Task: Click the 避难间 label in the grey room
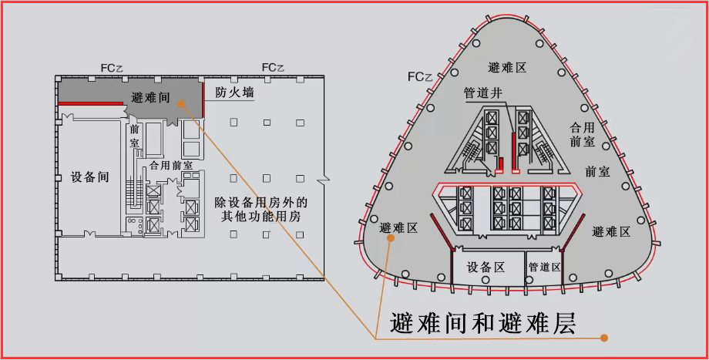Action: (x=151, y=98)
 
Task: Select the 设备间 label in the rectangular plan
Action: (x=85, y=177)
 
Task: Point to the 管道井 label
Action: (x=483, y=93)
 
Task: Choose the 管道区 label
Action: (x=545, y=267)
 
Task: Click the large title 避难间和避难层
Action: (x=483, y=321)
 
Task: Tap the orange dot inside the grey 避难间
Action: (x=179, y=102)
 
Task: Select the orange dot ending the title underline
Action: (x=604, y=338)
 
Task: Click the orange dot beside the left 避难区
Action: (x=391, y=239)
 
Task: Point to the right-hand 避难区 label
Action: (x=611, y=231)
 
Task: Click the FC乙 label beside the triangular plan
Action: (x=425, y=77)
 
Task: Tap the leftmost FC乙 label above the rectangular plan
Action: (x=113, y=68)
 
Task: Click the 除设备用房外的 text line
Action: (x=261, y=203)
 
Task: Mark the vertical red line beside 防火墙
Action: (x=203, y=99)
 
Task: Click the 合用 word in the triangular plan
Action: (x=582, y=126)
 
